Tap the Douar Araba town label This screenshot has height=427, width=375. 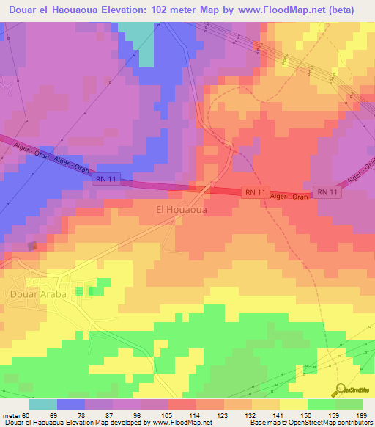[38, 294]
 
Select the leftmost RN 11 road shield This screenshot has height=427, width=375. [105, 178]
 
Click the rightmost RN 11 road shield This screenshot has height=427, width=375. [326, 191]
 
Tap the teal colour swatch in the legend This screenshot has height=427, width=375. [43, 404]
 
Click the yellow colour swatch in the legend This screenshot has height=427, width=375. [293, 404]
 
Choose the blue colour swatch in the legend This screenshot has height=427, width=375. [71, 404]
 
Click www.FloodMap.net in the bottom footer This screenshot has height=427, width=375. [180, 423]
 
